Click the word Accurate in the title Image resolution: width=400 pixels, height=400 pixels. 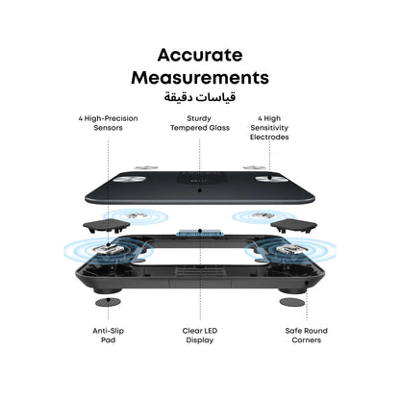tap(200, 55)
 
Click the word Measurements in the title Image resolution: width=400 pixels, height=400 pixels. tap(200, 78)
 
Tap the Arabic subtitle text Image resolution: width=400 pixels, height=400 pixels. tap(200, 96)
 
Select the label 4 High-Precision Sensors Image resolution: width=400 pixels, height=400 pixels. tap(108, 123)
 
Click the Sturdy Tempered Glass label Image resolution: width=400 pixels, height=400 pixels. tap(200, 123)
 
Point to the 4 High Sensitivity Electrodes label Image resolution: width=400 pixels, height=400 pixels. tap(269, 128)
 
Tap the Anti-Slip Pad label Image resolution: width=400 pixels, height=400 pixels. tap(108, 336)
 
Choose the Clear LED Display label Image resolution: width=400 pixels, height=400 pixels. tap(200, 336)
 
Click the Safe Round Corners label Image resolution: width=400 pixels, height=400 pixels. tap(307, 336)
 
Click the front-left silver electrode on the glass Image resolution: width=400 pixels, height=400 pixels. tap(129, 179)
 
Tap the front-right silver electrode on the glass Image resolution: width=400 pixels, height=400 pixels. tap(271, 179)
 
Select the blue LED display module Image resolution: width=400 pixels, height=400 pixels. tap(200, 233)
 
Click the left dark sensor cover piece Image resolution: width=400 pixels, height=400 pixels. tap(107, 226)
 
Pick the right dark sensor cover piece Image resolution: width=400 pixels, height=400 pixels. tap(293, 226)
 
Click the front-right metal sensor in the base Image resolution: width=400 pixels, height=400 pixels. tap(290, 249)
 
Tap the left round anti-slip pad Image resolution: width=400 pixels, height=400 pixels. tap(108, 302)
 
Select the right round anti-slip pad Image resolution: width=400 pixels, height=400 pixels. tap(292, 302)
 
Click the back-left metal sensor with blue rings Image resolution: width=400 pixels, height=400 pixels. tap(136, 215)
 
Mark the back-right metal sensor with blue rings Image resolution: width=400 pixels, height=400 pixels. tap(263, 215)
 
